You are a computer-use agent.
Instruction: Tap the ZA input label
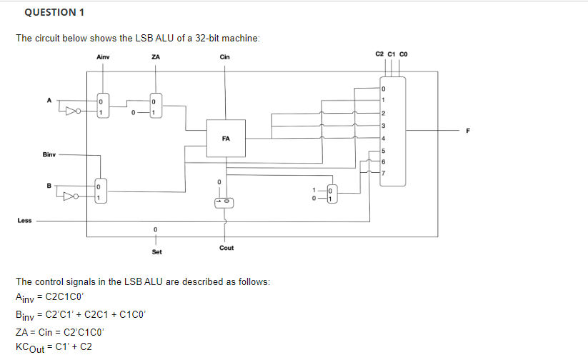coord(155,57)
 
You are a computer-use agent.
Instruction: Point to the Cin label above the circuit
coord(224,57)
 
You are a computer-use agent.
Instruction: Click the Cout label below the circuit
coord(226,248)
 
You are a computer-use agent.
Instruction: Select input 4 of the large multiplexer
coord(383,138)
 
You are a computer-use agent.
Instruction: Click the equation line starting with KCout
coord(53,346)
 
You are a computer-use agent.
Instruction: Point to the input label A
coord(49,100)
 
